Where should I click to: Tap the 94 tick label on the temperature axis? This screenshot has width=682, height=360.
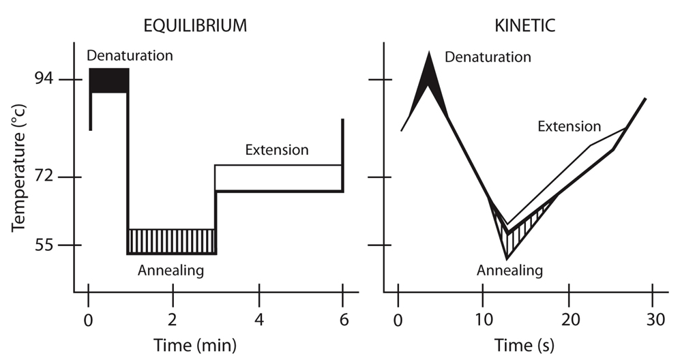point(46,80)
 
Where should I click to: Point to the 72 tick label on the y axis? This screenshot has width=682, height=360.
point(46,177)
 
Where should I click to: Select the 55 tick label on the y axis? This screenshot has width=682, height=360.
point(46,245)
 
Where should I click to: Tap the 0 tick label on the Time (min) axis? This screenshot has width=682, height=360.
point(88,319)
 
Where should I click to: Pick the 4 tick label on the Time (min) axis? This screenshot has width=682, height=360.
point(258,319)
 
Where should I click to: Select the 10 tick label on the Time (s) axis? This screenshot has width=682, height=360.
point(483,319)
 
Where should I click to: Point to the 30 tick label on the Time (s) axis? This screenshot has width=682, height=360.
point(653,319)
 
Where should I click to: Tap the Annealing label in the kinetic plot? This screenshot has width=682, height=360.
point(509,271)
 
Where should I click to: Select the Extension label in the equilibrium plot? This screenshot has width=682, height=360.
point(277,150)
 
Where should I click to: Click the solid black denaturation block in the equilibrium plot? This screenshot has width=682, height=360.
point(108,80)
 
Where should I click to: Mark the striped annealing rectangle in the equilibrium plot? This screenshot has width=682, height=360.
point(172,241)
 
